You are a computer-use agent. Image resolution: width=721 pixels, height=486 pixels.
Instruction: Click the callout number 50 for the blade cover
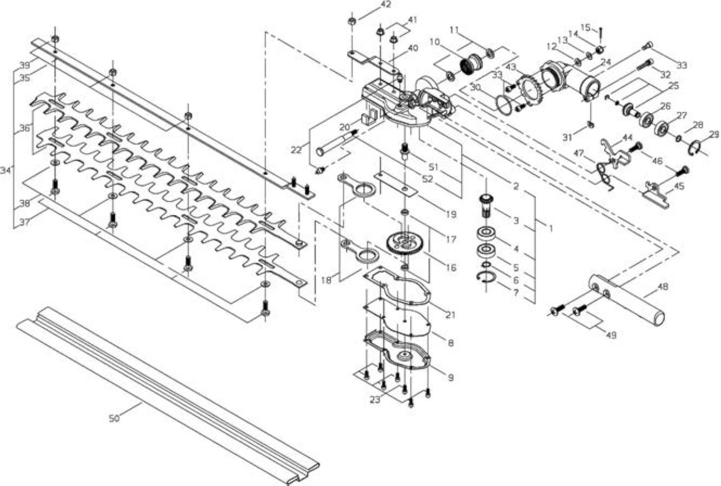click(114, 418)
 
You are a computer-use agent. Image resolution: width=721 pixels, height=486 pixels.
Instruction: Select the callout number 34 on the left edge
click(5, 170)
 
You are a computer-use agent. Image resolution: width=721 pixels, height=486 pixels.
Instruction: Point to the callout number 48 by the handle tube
click(664, 286)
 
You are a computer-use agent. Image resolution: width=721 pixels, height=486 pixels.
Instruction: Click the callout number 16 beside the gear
click(451, 267)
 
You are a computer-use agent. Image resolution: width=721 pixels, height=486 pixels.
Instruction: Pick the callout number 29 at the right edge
click(714, 134)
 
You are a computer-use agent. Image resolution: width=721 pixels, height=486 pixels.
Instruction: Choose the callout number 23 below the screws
click(375, 400)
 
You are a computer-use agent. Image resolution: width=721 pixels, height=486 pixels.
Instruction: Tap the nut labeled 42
click(352, 21)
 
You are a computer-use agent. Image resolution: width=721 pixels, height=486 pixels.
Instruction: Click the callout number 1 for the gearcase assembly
click(551, 228)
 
